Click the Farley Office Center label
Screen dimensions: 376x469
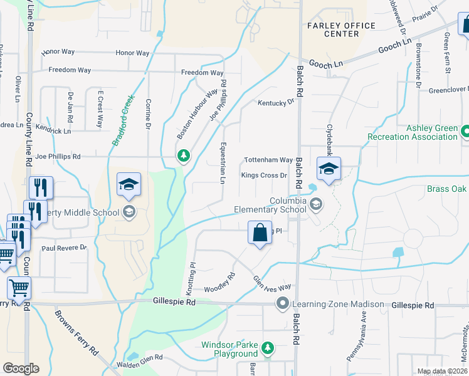(341, 29)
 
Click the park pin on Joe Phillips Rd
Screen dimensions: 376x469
(183, 155)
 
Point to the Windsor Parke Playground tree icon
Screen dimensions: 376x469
(268, 347)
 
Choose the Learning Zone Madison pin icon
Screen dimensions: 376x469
(283, 304)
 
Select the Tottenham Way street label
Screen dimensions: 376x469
(268, 160)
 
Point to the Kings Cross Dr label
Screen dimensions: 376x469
(264, 175)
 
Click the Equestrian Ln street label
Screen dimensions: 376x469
(222, 162)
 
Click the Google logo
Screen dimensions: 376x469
(21, 368)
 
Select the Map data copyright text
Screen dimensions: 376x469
(442, 371)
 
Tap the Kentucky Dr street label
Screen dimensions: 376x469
(275, 102)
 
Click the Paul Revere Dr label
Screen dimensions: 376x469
(64, 248)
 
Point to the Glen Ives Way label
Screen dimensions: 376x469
(272, 283)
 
